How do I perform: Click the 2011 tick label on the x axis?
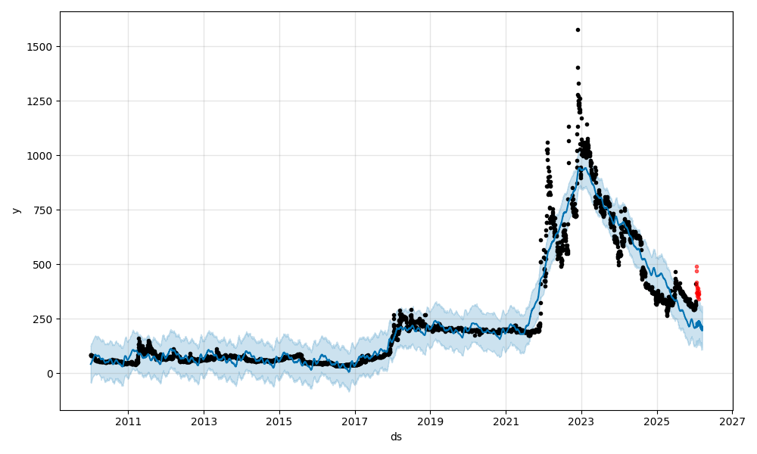pyautogui.click(x=128, y=420)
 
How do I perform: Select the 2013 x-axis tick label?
pyautogui.click(x=204, y=420)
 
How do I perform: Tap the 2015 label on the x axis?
pyautogui.click(x=279, y=420)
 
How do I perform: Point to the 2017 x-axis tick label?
pyautogui.click(x=355, y=420)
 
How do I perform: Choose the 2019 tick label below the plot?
pyautogui.click(x=430, y=420)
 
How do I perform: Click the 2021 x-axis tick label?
pyautogui.click(x=506, y=420)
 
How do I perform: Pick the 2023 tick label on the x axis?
pyautogui.click(x=581, y=420)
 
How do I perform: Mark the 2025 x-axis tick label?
pyautogui.click(x=657, y=420)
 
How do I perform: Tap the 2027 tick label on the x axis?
pyautogui.click(x=732, y=420)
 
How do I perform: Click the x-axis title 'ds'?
pyautogui.click(x=396, y=437)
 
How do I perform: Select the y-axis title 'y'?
pyautogui.click(x=15, y=210)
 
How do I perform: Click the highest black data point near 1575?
pyautogui.click(x=578, y=30)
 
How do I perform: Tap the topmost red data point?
pyautogui.click(x=696, y=266)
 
